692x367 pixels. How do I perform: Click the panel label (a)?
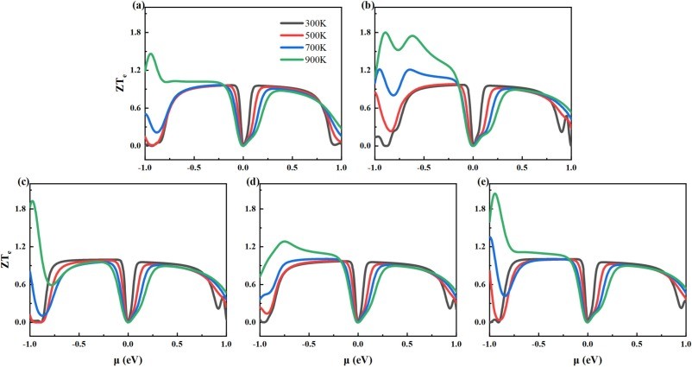137,6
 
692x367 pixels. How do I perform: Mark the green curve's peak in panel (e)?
494,193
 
